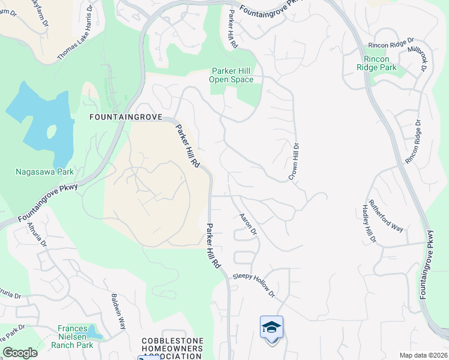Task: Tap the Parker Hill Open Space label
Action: coord(231,75)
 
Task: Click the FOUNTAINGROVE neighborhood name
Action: coord(125,118)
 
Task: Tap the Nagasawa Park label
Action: coord(44,172)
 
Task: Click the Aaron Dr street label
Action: coord(248,223)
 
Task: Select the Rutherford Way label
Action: coord(386,215)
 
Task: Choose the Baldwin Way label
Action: coord(118,311)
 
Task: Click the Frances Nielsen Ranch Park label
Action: coord(76,337)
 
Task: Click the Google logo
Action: coord(19,353)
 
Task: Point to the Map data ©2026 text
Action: coord(423,355)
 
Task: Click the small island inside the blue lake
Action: coord(51,131)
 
